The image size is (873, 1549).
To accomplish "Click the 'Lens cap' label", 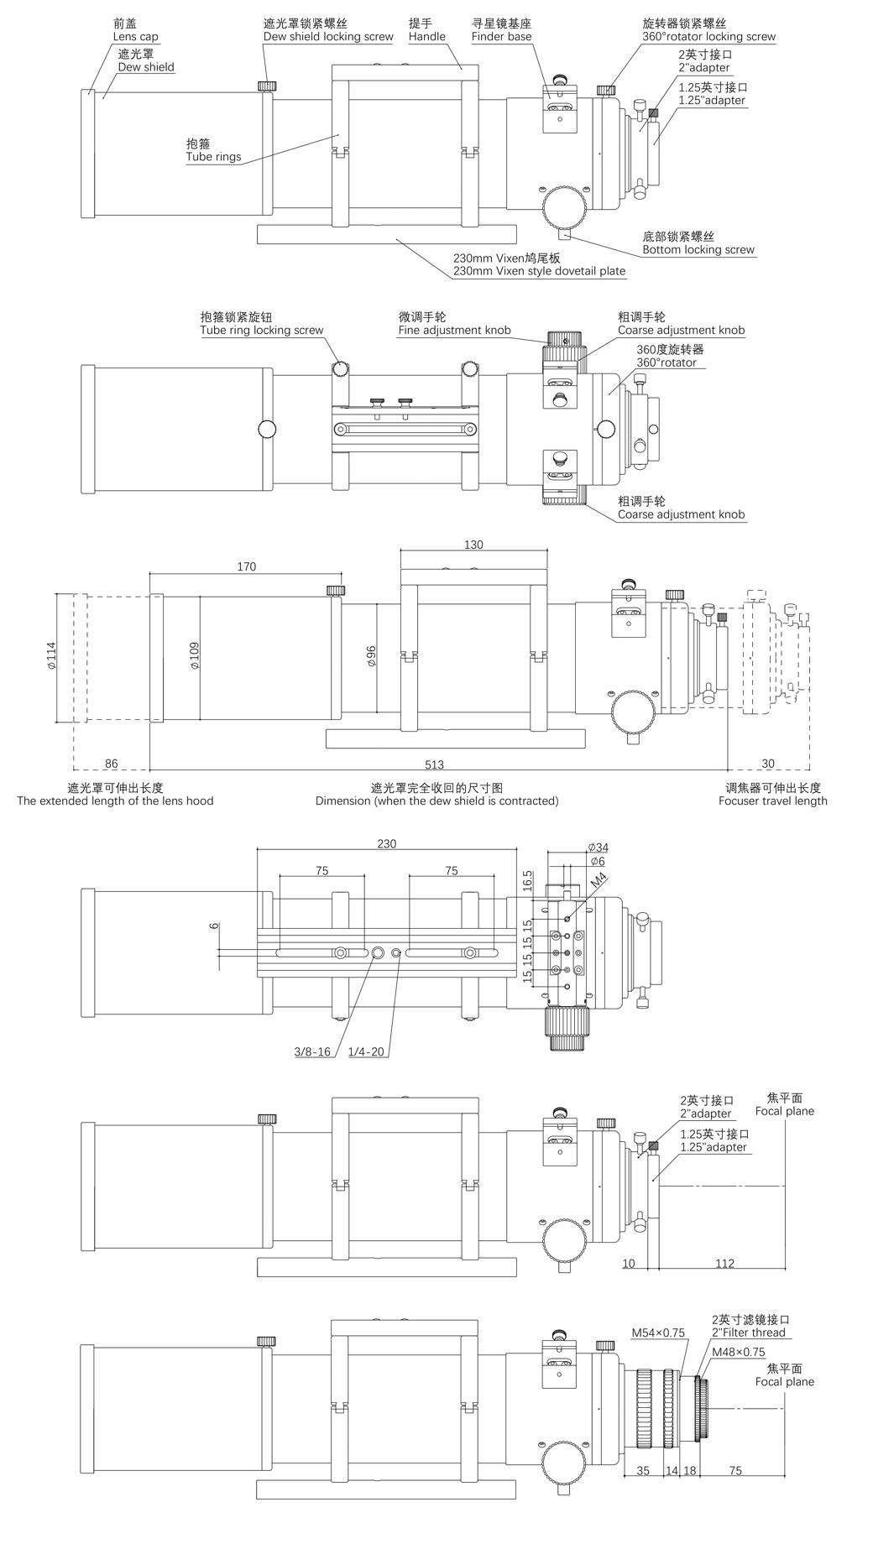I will click(135, 37).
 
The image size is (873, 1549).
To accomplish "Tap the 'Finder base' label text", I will click(501, 37).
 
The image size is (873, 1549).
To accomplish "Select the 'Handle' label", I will click(426, 37).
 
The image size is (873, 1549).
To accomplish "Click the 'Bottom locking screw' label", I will click(698, 249).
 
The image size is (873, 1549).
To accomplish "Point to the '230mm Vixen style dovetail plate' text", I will click(539, 271).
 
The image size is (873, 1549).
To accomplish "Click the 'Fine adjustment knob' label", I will click(454, 330).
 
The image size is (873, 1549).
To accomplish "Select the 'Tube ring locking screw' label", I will click(261, 330).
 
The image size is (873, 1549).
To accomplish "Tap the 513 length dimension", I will click(434, 764).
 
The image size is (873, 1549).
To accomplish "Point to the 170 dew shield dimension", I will click(246, 566).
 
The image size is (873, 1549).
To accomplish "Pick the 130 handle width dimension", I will click(473, 545).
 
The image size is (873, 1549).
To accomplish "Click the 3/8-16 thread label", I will click(312, 1051).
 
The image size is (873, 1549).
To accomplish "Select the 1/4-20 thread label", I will click(366, 1051).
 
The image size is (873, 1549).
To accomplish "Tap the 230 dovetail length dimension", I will click(386, 843).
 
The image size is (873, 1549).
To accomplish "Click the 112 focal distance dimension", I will click(724, 1263).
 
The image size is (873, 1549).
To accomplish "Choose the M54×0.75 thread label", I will click(659, 1331).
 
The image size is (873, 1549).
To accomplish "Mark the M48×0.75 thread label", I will click(739, 1352).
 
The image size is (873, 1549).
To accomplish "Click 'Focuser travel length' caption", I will click(772, 801).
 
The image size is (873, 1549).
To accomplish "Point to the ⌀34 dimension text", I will click(599, 847).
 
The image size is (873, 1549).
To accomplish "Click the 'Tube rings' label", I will click(213, 157).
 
